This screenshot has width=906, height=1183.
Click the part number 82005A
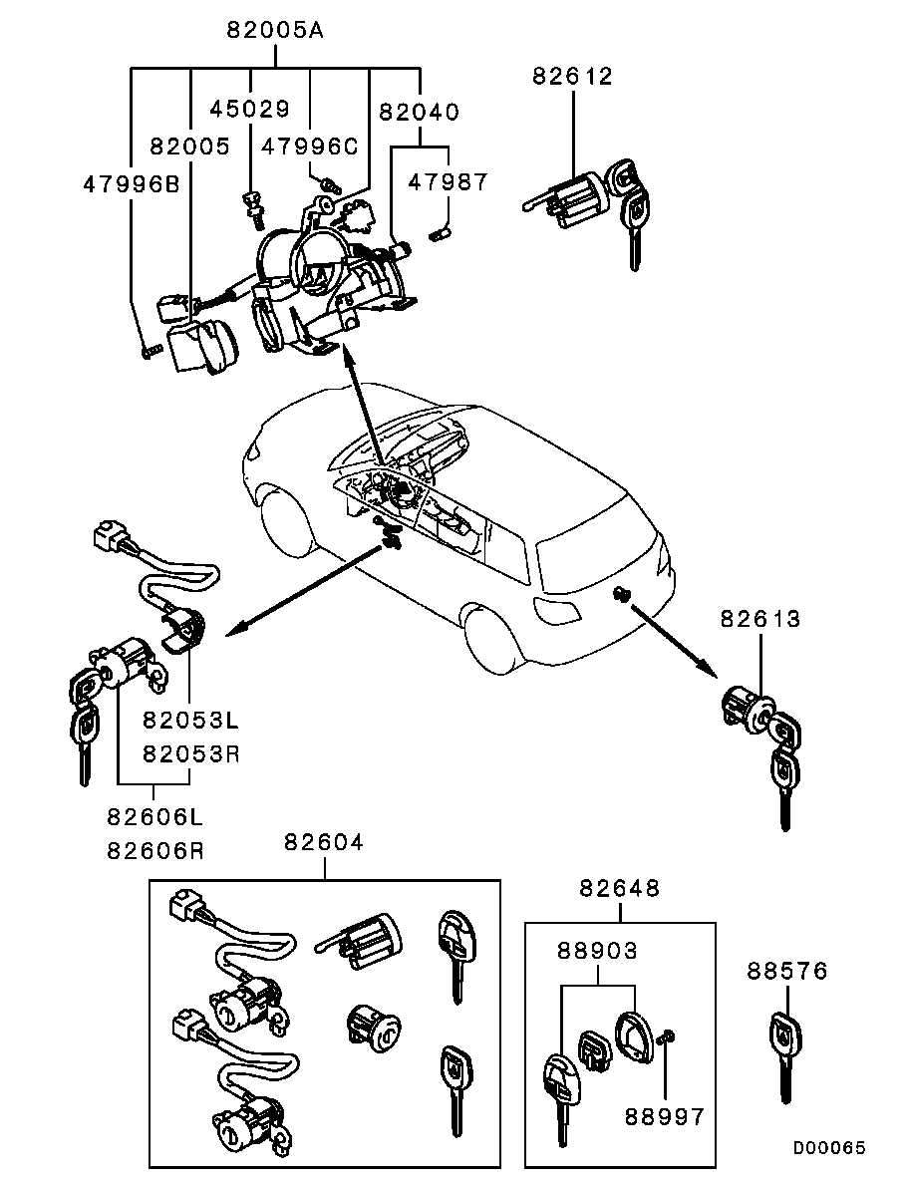pos(275,30)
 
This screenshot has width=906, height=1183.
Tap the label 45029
pos(248,108)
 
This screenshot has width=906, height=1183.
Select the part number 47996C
pos(309,146)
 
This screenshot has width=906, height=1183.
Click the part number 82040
pos(419,113)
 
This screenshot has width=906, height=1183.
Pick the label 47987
pos(449,182)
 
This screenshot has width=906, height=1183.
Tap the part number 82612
pos(572,76)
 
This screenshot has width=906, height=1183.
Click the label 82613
pos(760,619)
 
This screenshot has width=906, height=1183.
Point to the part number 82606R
pos(155,851)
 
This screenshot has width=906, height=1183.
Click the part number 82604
pos(324,842)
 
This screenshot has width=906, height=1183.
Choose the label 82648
pos(620,888)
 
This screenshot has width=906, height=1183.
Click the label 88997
pos(665,1115)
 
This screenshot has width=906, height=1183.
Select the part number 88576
pos(787,970)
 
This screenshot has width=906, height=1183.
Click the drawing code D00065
pos(829,1148)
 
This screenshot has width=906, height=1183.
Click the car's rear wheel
pos(495,638)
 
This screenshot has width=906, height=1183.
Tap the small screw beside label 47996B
pos(151,351)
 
